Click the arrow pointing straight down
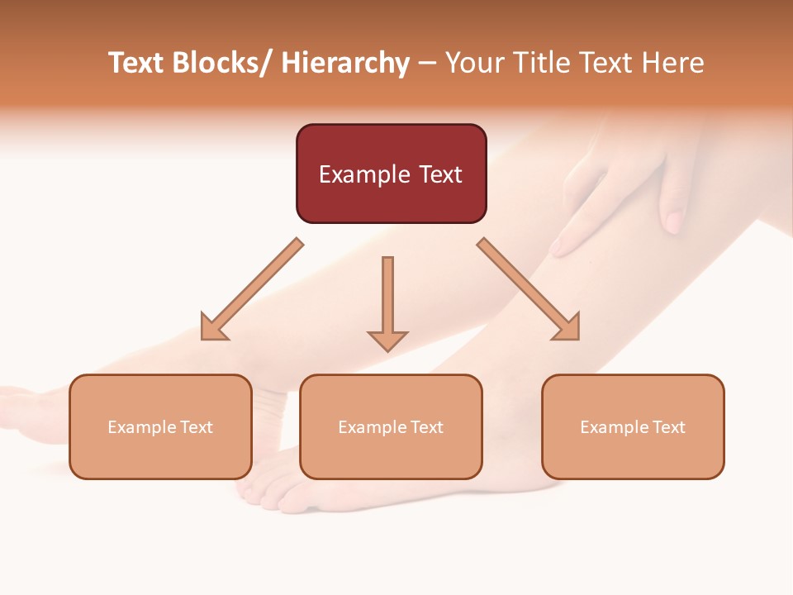pos(387,302)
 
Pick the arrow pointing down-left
pos(252,289)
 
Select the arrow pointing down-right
pos(529,289)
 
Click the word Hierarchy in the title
pos(345,63)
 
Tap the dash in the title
pos(427,64)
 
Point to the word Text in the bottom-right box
pos(668,427)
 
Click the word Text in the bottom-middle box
pos(426,427)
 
